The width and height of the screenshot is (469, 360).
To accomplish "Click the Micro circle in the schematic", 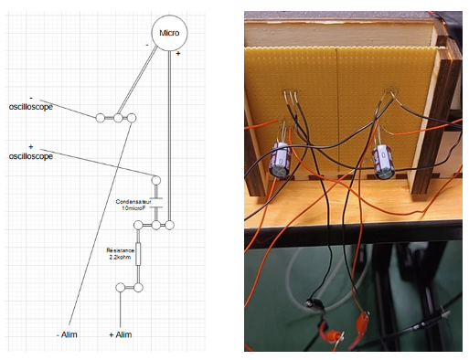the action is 169,33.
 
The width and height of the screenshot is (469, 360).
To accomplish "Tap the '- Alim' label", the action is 67,334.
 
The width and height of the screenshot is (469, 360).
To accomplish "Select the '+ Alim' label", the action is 121,334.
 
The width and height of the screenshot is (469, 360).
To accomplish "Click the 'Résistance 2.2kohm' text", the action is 120,254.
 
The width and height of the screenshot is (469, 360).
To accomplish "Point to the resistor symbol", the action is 138,254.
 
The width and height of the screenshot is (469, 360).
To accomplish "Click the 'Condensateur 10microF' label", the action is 133,205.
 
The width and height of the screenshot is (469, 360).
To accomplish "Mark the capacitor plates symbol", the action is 156,203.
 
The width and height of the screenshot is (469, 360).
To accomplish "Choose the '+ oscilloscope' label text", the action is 31,153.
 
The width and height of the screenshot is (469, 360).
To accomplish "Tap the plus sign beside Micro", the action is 178,54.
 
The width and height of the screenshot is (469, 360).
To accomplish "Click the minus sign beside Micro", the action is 147,45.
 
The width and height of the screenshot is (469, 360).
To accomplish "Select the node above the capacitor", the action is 156,181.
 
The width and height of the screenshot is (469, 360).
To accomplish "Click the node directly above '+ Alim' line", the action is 121,287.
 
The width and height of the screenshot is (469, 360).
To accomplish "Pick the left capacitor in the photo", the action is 280,159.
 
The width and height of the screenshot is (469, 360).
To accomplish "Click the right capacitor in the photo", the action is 385,162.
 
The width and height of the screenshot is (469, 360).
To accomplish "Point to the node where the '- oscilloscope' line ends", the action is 101,118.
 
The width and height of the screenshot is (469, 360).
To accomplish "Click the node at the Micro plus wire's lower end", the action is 170,225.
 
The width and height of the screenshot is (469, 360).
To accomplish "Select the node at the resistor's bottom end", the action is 138,287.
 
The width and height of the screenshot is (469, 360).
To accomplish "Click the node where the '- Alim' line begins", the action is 132,118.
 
